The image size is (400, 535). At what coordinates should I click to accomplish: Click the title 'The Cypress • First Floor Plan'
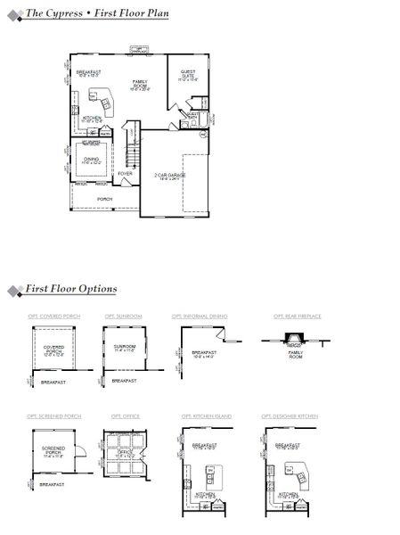(x=97, y=14)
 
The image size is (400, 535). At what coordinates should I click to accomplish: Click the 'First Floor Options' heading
(x=70, y=289)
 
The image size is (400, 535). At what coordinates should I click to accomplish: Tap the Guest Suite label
(x=188, y=76)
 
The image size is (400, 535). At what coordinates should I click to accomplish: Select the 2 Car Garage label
(x=170, y=177)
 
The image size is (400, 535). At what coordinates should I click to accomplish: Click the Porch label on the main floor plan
(x=104, y=199)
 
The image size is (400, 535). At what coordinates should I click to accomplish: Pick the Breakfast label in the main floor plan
(x=88, y=73)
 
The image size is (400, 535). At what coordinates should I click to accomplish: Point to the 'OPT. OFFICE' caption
(x=122, y=416)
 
